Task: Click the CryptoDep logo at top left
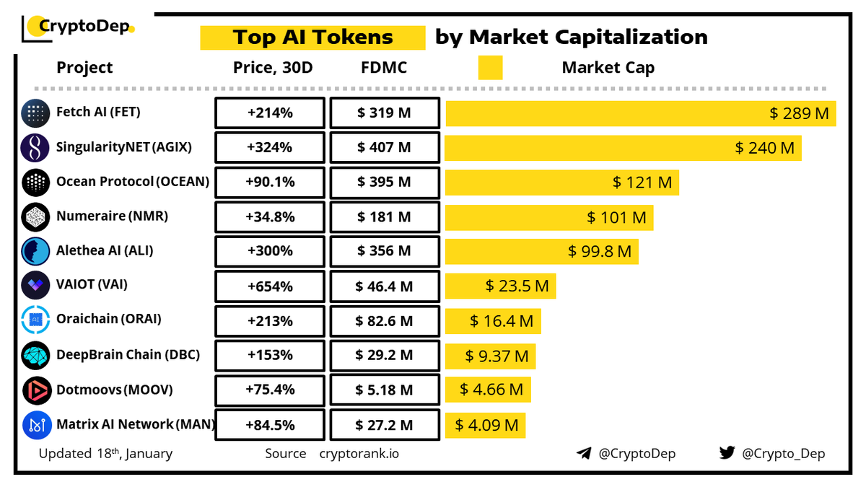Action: (78, 27)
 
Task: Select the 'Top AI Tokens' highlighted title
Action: (312, 38)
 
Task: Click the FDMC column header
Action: (383, 68)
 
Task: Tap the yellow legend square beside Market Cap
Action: (490, 68)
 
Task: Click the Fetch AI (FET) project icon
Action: (35, 113)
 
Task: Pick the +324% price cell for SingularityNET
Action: (269, 147)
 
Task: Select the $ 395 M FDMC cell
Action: (384, 182)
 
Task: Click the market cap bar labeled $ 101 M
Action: (548, 216)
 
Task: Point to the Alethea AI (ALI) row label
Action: (105, 251)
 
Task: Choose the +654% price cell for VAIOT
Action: (269, 286)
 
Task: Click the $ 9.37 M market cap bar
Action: (490, 356)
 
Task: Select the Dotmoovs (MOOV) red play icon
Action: (35, 390)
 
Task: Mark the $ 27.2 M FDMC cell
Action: (384, 425)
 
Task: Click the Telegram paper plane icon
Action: (584, 454)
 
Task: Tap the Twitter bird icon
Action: (727, 454)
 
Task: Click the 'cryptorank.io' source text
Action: (359, 454)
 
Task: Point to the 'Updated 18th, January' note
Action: (105, 454)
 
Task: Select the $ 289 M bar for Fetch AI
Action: (640, 113)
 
